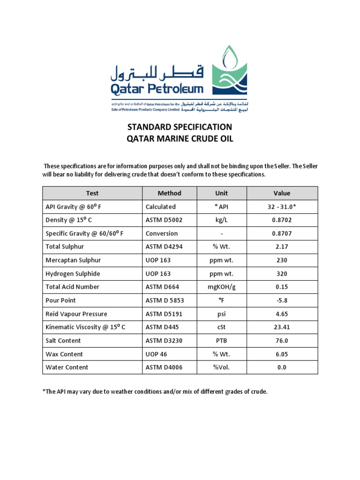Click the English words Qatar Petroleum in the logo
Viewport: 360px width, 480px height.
157,89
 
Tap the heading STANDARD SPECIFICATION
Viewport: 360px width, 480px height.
180,127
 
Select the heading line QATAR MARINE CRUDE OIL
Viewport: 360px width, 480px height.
180,139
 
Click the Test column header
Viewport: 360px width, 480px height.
92,193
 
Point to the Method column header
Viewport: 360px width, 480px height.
169,193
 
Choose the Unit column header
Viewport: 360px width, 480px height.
221,193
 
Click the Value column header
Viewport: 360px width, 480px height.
282,193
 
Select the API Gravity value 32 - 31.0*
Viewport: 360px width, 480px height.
282,207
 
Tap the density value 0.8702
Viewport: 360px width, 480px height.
282,220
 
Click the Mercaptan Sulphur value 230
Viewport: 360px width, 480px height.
282,260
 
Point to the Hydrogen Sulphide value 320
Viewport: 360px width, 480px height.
282,274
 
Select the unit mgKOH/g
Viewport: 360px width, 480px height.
221,287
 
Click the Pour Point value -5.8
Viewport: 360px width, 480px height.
282,300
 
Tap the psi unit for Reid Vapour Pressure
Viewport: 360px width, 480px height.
221,314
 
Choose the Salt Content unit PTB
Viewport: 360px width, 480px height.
221,341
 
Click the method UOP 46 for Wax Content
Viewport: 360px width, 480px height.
157,354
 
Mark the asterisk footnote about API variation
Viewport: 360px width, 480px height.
155,392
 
